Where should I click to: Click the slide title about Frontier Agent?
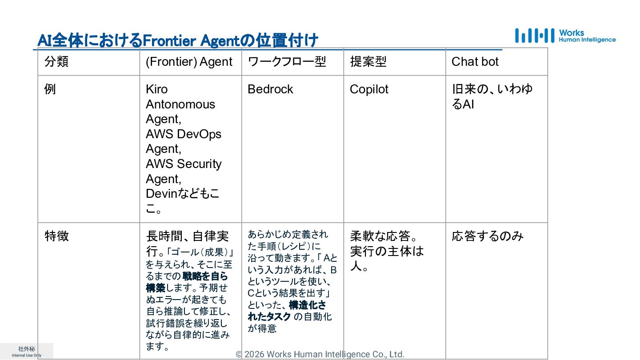178,40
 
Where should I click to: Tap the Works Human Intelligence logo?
565,36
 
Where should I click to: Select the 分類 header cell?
56,62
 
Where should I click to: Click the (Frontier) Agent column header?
189,62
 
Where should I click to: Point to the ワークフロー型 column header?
287,62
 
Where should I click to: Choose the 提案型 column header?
368,62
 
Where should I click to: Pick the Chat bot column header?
475,62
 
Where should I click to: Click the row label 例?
50,89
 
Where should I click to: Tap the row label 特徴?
56,236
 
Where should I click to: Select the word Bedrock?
270,89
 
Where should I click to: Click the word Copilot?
369,89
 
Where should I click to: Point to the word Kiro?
156,89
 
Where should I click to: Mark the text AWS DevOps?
183,134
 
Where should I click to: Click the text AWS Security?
183,164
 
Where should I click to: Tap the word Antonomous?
180,104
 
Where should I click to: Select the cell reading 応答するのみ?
488,236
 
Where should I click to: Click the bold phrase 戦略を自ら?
205,276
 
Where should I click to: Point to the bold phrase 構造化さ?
307,305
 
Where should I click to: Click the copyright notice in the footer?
320,354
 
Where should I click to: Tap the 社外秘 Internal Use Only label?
26,352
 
